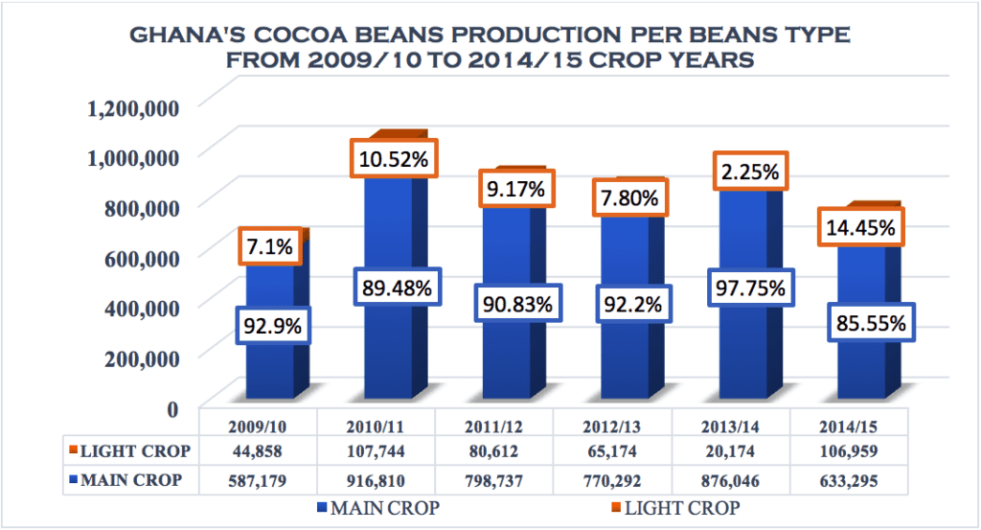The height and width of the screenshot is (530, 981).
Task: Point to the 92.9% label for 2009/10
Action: pos(272,326)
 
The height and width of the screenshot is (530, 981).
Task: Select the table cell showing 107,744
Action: pos(375,451)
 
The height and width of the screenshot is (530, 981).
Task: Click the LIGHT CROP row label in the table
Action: pos(131,451)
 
